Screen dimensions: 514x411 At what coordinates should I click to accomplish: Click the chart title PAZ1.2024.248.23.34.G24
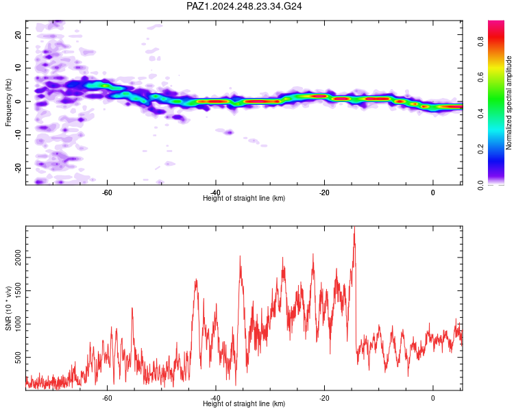[x=244, y=6]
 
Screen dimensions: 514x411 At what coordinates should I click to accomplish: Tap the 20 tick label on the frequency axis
[x=19, y=34]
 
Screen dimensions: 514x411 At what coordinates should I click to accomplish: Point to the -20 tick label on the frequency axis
[x=19, y=168]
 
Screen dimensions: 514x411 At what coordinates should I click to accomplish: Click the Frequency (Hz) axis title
[x=8, y=103]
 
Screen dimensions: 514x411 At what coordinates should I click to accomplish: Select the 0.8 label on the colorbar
[x=480, y=42]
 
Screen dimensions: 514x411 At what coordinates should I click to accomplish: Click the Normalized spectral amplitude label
[x=509, y=103]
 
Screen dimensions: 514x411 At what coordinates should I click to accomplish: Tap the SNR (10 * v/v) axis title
[x=8, y=308]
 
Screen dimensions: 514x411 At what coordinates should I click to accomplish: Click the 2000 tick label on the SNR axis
[x=19, y=258]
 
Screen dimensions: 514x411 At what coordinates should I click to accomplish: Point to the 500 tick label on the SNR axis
[x=19, y=358]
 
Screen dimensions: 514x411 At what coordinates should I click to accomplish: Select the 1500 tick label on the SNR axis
[x=19, y=290]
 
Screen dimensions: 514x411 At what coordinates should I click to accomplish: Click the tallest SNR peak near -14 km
[x=354, y=227]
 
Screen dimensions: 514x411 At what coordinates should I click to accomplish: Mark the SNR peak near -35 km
[x=241, y=257]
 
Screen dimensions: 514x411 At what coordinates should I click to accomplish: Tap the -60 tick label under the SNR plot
[x=107, y=398]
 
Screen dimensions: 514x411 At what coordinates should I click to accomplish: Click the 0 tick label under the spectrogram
[x=432, y=192]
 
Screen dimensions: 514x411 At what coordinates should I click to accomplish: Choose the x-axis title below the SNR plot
[x=244, y=403]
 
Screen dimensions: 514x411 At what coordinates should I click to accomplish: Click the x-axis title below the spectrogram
[x=244, y=198]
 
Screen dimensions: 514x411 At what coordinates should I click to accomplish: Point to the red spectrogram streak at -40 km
[x=213, y=101]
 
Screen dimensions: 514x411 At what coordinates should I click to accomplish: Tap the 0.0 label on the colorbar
[x=480, y=186]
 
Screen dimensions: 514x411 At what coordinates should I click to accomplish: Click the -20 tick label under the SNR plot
[x=324, y=398]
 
